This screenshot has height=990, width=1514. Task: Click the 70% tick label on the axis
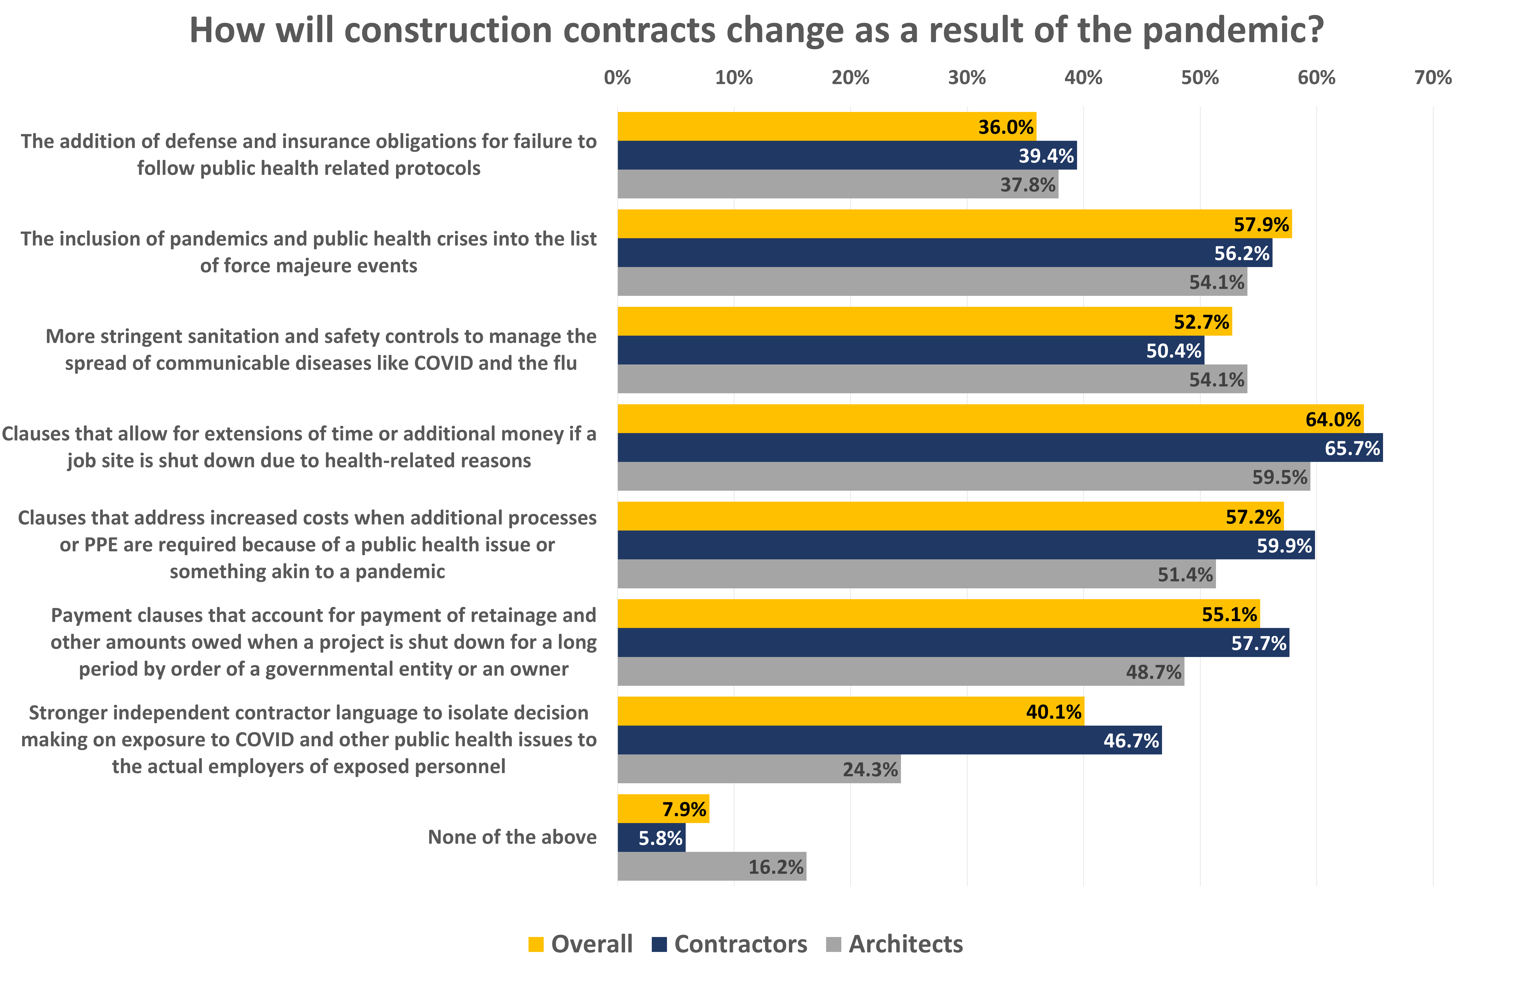tap(1433, 78)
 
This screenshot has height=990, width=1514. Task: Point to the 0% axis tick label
tap(617, 78)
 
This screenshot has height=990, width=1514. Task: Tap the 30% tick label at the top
tap(966, 78)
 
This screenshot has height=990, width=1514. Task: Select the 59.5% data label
tap(1279, 477)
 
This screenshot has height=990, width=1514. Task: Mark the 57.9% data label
tap(1261, 224)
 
